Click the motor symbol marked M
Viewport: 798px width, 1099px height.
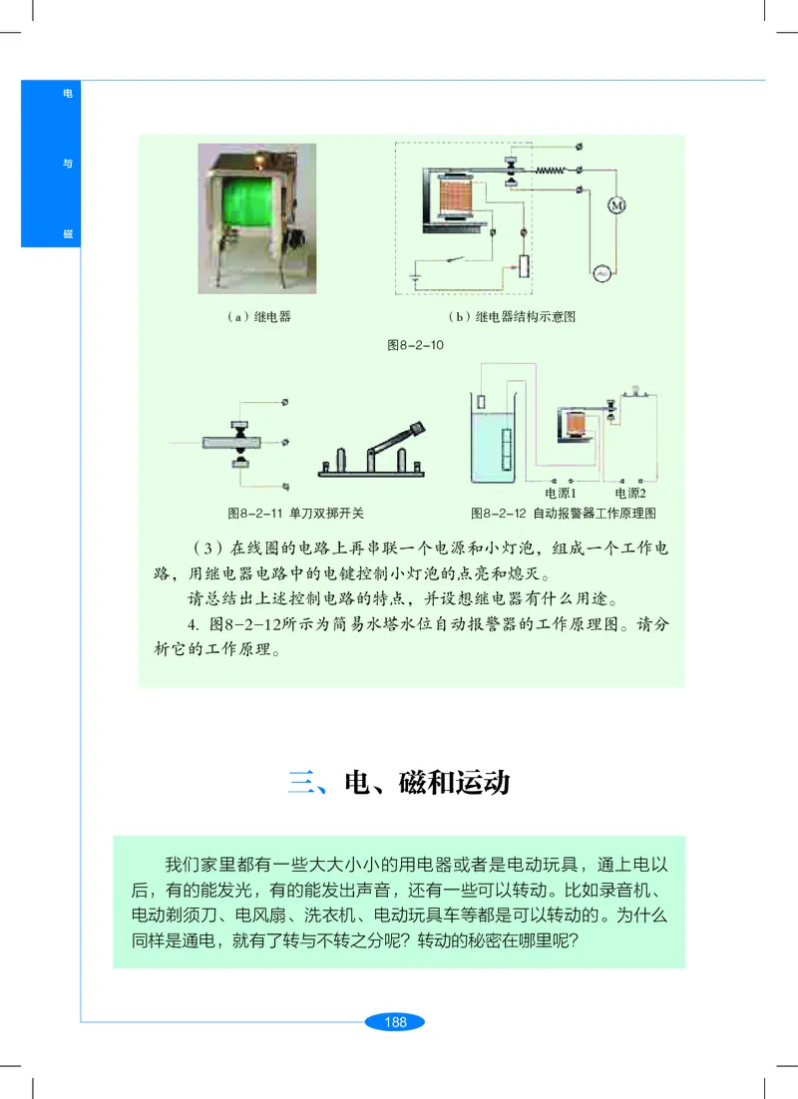click(615, 204)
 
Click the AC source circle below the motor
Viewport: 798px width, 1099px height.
click(602, 272)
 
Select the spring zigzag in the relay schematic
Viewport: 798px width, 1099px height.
click(551, 171)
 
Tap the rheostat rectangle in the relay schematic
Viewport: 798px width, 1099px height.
click(524, 267)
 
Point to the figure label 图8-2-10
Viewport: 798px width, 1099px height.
click(414, 345)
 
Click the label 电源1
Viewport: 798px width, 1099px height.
click(562, 493)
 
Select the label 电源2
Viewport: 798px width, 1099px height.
click(630, 493)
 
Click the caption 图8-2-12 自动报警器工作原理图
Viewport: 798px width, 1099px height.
click(563, 514)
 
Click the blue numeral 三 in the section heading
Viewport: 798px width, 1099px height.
click(302, 782)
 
